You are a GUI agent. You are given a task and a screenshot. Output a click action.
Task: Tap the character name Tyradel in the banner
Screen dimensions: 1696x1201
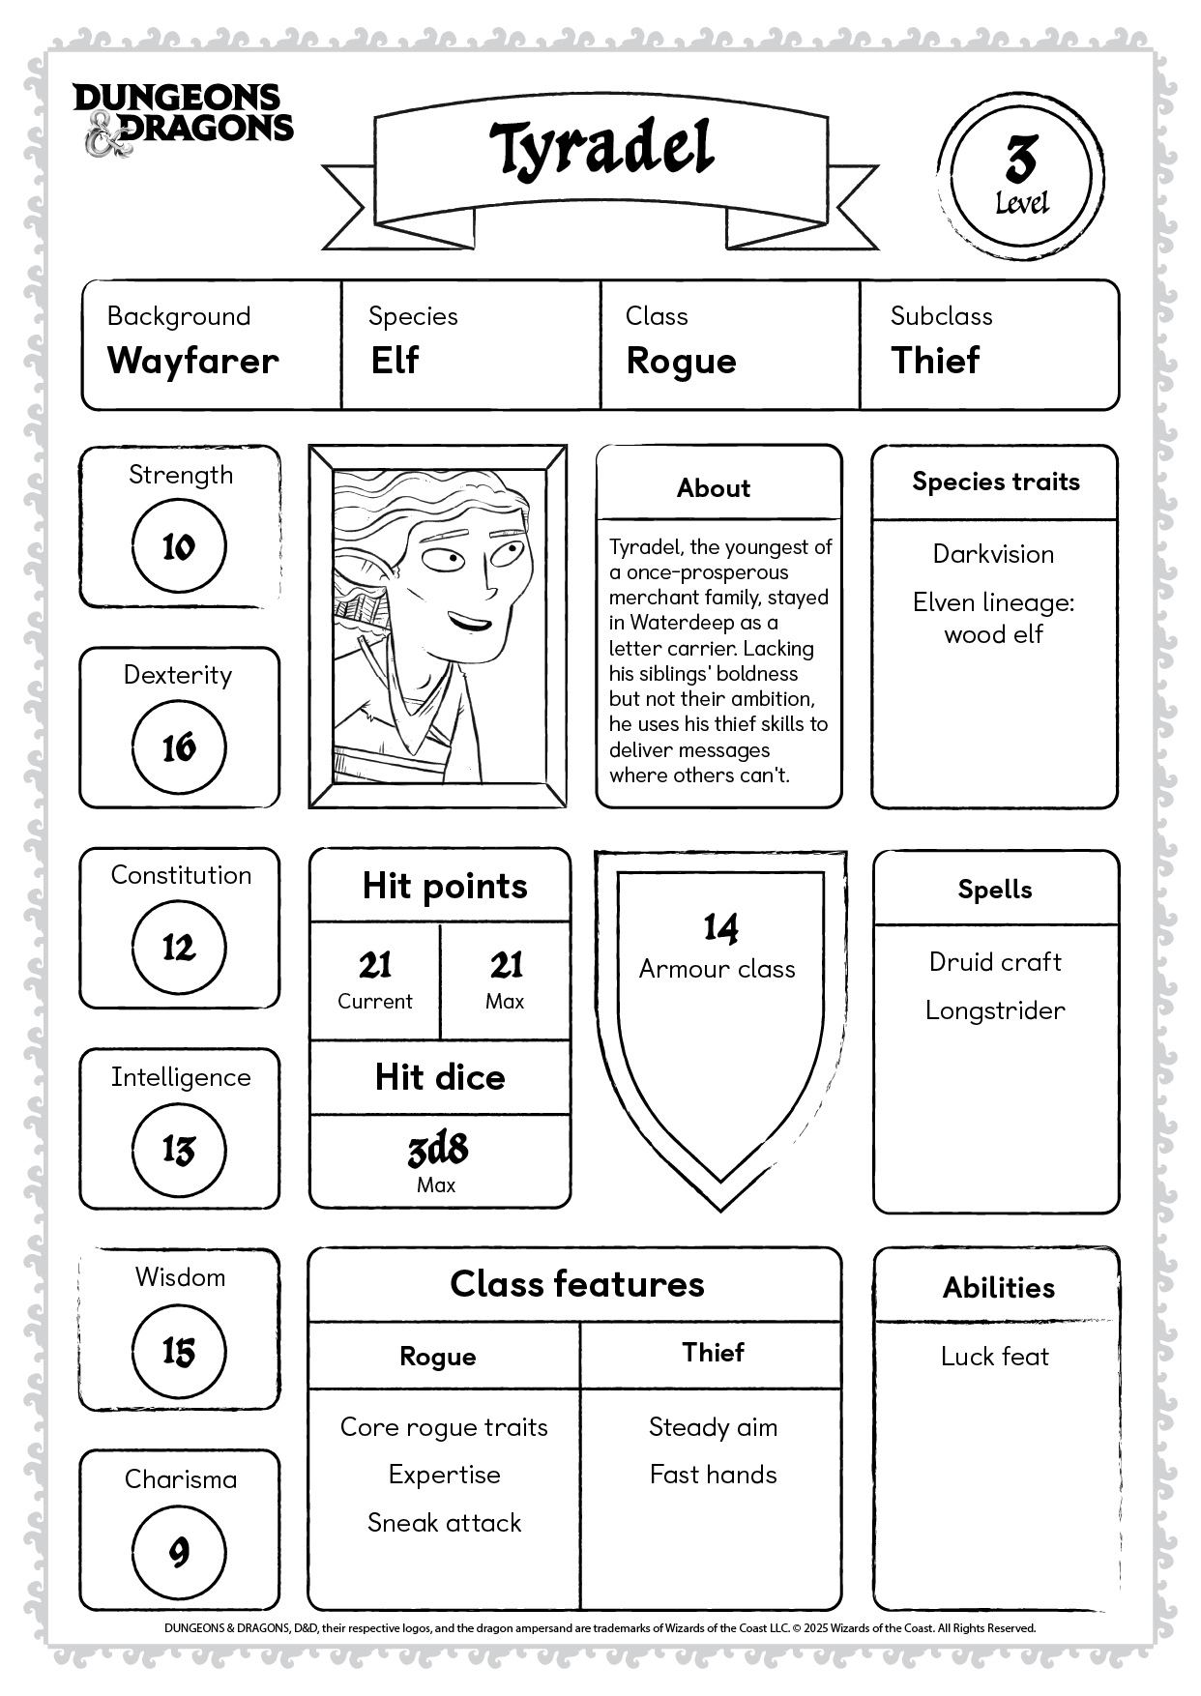point(600,149)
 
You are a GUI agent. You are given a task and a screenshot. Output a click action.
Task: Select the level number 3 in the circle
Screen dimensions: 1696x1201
point(1020,160)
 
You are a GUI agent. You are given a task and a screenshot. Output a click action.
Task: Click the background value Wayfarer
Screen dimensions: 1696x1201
point(193,361)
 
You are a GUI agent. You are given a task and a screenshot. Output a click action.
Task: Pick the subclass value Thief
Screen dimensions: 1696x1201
point(935,361)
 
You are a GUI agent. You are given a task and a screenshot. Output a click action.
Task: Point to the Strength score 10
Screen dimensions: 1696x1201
point(179,547)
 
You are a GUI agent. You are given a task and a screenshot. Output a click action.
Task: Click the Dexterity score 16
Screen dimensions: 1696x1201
point(179,747)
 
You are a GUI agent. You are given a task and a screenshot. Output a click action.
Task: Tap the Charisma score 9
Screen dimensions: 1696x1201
point(179,1553)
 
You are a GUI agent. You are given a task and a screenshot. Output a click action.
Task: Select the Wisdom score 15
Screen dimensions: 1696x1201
point(179,1352)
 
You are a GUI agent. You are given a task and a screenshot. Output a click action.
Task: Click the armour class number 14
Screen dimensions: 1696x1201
point(720,928)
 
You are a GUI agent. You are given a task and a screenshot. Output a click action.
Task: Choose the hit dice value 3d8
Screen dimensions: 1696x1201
point(438,1150)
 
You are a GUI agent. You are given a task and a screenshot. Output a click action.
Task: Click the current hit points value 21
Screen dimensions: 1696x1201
point(375,965)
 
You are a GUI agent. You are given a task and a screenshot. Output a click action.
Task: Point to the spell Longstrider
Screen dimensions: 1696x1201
point(995,1010)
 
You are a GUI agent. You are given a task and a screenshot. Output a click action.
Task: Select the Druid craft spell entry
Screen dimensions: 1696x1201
point(995,962)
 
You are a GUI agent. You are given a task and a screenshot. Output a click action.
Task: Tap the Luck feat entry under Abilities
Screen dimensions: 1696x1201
point(995,1357)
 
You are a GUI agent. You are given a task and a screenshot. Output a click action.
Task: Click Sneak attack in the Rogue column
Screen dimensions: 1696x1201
point(444,1523)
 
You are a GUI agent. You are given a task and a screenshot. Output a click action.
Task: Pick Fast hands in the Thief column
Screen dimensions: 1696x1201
point(714,1475)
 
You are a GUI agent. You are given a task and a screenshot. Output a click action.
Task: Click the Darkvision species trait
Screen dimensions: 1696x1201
point(993,554)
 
